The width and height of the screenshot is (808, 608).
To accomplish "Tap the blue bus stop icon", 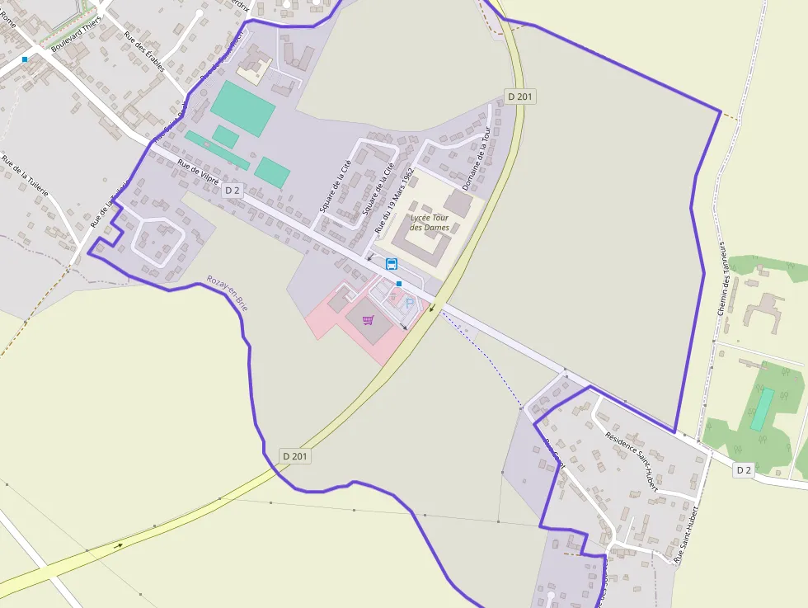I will point(392,264).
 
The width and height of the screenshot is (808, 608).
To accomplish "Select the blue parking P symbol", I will point(409,304).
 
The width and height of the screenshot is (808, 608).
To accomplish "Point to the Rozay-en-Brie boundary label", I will point(228,293).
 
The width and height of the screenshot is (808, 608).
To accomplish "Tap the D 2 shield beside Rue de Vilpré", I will point(233,191).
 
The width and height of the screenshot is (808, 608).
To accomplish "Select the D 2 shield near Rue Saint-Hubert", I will point(744,469).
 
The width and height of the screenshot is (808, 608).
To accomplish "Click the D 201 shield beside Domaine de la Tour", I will point(520,97).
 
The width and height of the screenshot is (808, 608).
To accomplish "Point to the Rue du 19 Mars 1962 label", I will point(394,200).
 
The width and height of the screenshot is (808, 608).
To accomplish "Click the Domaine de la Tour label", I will point(477,158).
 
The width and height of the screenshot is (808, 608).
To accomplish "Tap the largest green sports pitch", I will point(242,108).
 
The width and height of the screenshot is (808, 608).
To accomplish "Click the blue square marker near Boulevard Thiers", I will point(25,59).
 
